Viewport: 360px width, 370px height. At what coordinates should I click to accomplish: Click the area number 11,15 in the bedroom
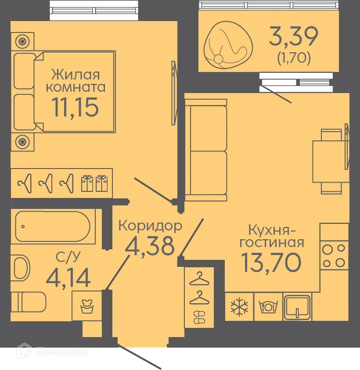click(x=75, y=107)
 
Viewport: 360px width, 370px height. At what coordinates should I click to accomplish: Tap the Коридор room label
click(x=150, y=226)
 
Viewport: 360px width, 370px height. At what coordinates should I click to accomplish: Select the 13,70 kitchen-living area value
click(x=270, y=262)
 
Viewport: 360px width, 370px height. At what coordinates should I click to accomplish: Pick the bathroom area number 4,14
click(x=68, y=277)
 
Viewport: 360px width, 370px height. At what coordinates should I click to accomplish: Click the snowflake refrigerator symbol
click(x=239, y=306)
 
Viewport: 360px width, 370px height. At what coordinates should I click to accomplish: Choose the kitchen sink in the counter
click(x=297, y=306)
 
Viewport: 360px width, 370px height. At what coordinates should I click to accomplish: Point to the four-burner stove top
click(x=333, y=255)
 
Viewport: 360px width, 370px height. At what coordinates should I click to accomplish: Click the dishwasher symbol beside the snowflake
click(x=267, y=306)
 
